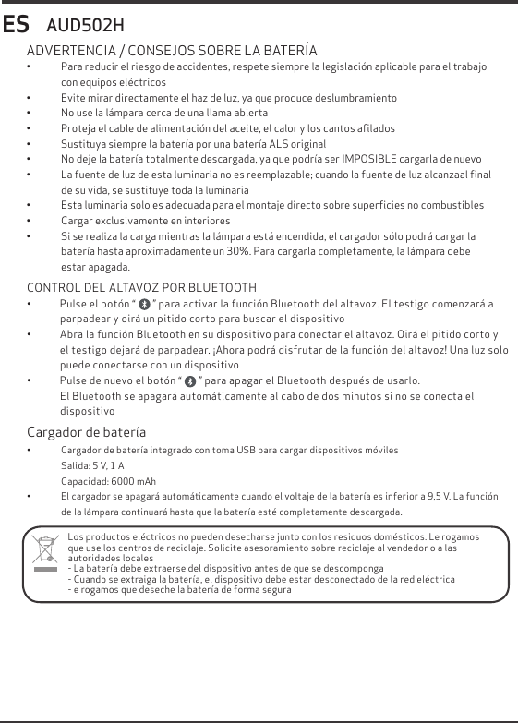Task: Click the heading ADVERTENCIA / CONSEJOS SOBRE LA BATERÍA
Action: [172, 50]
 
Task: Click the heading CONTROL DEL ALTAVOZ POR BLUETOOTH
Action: [141, 288]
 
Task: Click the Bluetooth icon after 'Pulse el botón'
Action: [144, 305]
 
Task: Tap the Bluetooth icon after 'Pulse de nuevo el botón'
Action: [190, 381]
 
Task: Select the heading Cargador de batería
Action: [86, 432]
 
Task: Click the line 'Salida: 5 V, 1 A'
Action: [92, 465]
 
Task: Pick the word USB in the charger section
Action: [240, 450]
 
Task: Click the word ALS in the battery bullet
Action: [269, 144]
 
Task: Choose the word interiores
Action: [202, 222]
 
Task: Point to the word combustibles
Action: [451, 205]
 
